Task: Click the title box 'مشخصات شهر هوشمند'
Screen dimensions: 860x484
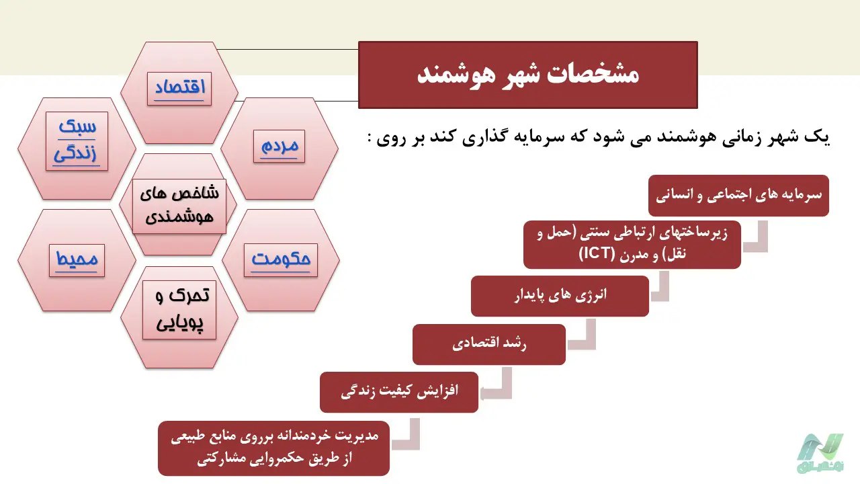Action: tap(528, 75)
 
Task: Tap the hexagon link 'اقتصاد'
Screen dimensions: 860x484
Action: tap(179, 88)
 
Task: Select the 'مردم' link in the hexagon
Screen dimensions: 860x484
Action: tap(279, 146)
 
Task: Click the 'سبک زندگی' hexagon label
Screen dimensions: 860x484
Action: tap(77, 141)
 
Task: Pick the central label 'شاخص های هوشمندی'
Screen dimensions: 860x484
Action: tap(179, 206)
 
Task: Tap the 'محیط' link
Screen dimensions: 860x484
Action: tap(77, 260)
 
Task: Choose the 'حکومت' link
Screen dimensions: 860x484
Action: tap(281, 260)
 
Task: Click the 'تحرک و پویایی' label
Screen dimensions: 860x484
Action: tap(179, 310)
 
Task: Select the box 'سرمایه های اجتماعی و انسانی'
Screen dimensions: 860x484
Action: tap(738, 196)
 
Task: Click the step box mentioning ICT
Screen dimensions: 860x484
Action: tap(632, 245)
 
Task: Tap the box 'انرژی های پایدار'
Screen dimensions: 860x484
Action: tap(560, 296)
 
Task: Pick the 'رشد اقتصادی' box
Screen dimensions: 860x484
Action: tap(489, 345)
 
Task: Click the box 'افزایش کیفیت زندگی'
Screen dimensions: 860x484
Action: tap(399, 392)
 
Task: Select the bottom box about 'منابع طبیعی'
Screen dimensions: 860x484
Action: tap(273, 448)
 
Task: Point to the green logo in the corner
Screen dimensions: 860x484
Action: tap(822, 453)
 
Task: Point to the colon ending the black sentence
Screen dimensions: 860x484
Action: tap(370, 138)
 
